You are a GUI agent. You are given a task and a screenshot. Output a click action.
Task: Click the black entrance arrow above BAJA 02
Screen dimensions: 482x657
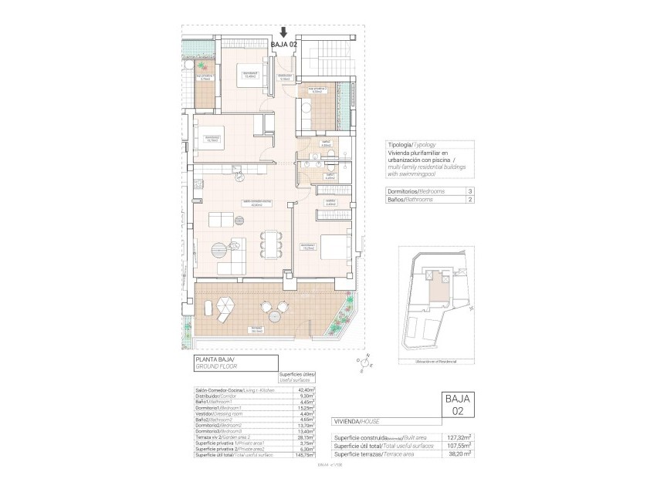(x=283, y=32)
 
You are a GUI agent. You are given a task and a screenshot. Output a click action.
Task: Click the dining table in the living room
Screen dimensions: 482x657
(x=268, y=242)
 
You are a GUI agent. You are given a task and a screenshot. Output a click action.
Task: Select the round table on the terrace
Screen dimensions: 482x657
(x=276, y=312)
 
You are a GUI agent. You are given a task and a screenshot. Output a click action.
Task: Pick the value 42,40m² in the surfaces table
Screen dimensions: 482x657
(x=305, y=390)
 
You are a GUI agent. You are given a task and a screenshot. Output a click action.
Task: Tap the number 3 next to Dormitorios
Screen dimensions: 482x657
(x=470, y=191)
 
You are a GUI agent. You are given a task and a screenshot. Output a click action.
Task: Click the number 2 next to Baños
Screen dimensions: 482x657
(x=470, y=200)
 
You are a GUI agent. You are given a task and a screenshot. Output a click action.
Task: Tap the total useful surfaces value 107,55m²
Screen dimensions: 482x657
(x=459, y=446)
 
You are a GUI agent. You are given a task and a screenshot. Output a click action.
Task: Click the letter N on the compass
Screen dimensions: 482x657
(x=368, y=355)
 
